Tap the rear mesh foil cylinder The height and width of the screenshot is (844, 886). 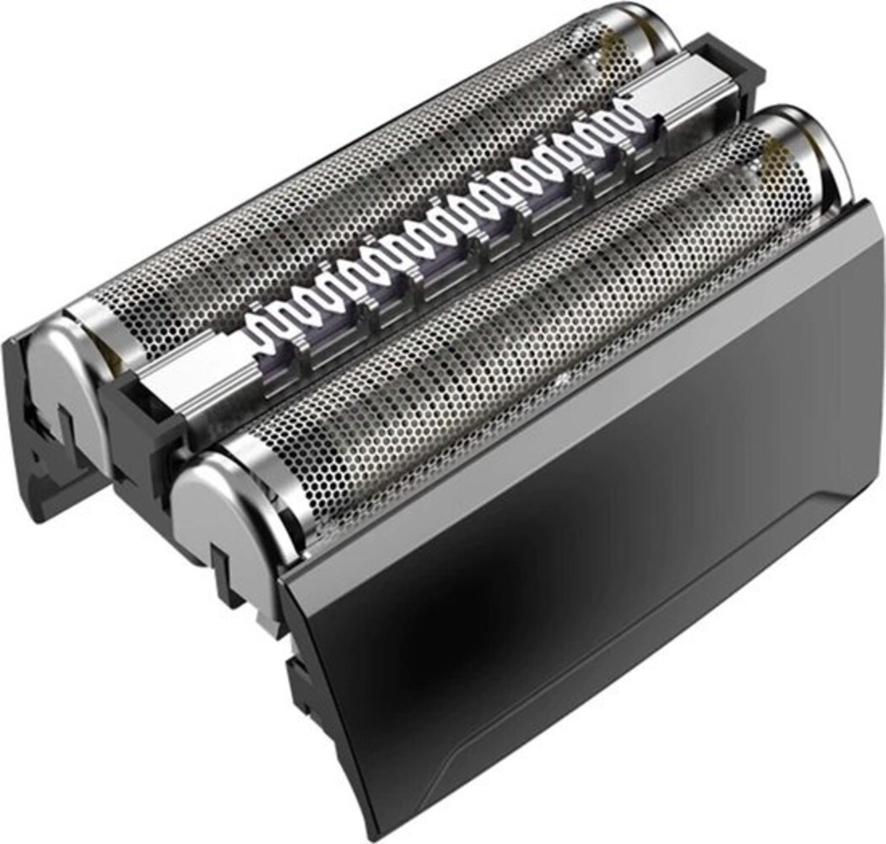point(354,203)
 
